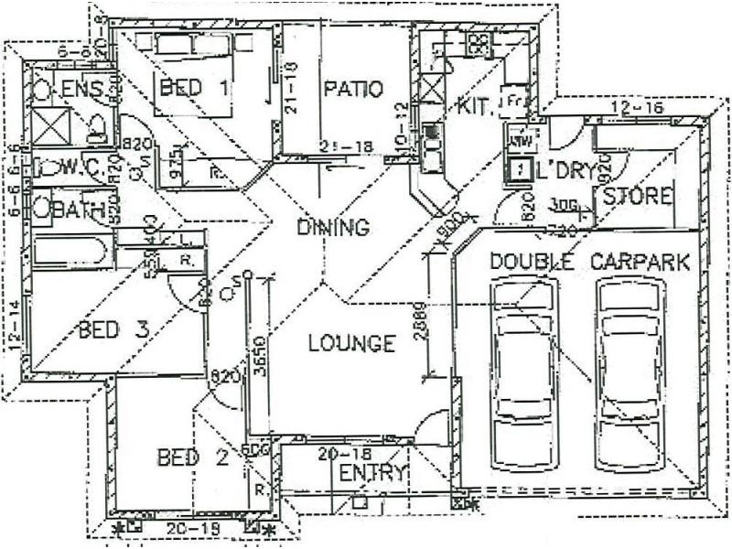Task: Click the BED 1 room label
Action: point(194,89)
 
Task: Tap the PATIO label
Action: point(352,90)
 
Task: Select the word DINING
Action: point(333,228)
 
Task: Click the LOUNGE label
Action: point(351,344)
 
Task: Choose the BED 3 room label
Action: point(113,329)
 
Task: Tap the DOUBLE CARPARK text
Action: point(589,262)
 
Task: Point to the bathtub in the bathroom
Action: point(73,250)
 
